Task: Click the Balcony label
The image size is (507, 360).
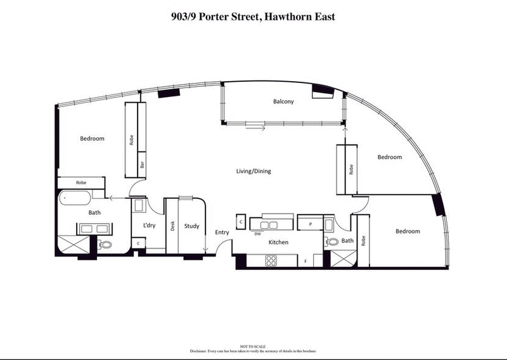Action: click(283, 101)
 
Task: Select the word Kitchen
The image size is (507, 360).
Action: click(279, 243)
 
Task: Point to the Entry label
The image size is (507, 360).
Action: click(222, 233)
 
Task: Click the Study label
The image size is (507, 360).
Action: click(191, 226)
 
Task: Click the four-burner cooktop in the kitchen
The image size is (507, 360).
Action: click(271, 259)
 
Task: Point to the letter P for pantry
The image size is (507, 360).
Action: click(311, 224)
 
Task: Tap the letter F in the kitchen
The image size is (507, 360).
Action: click(305, 261)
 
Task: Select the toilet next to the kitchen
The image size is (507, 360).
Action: click(331, 241)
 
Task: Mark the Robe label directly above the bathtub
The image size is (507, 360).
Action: click(81, 183)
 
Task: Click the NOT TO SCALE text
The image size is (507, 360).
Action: click(253, 346)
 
